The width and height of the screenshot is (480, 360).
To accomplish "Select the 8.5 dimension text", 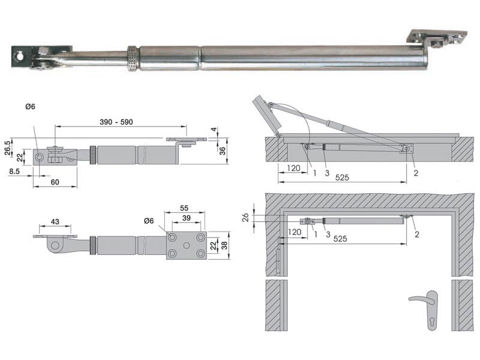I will pyautogui.click(x=15, y=171).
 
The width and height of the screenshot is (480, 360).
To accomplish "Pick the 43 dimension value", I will pyautogui.click(x=55, y=222).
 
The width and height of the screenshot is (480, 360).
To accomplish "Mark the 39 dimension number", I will pyautogui.click(x=186, y=218).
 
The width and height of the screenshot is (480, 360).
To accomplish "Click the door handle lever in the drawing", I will pyautogui.click(x=423, y=297).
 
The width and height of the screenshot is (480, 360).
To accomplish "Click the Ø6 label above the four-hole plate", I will pyautogui.click(x=150, y=221).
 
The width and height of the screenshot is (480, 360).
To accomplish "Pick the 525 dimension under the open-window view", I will pyautogui.click(x=343, y=178).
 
